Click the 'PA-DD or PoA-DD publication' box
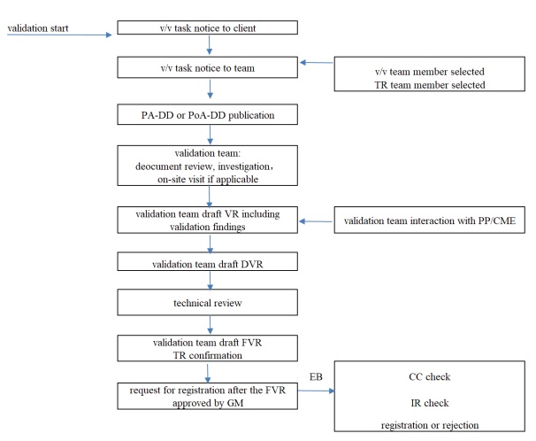(x=210, y=115)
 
